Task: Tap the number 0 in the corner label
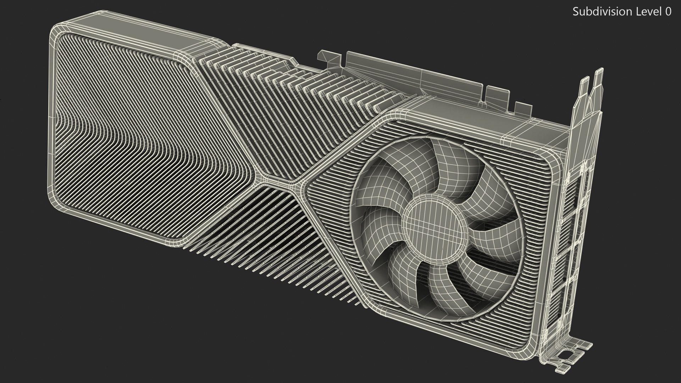pos(668,12)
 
